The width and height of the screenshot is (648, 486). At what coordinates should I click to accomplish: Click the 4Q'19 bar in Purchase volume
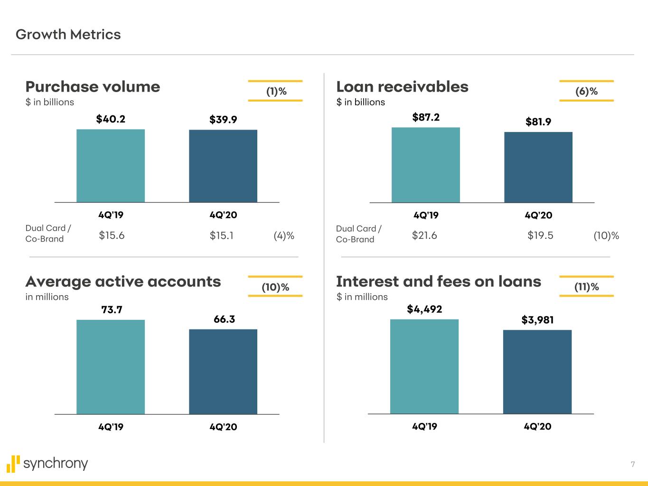111,166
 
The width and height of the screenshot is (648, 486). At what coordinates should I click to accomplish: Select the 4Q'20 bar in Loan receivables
538,167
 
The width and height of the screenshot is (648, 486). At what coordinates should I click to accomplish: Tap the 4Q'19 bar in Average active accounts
111,367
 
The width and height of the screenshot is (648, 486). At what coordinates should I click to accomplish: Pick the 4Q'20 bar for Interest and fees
537,372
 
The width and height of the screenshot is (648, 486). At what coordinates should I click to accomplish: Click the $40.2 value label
111,119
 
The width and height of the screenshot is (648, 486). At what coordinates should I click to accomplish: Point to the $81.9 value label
538,122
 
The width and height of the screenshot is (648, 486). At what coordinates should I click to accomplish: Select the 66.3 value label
224,319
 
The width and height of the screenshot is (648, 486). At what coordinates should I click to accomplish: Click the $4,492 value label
424,309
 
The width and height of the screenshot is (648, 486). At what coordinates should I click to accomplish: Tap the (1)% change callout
276,91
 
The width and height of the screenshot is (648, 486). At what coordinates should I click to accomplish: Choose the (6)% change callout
586,91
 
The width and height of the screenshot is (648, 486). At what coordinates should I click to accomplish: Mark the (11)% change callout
586,287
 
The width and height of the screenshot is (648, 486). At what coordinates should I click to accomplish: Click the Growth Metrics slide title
68,35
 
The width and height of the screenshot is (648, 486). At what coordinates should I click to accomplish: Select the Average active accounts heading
123,281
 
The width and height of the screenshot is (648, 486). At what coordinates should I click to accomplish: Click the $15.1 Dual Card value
222,235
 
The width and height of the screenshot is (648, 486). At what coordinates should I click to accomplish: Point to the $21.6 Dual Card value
424,235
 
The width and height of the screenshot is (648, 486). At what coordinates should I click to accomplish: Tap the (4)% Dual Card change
284,235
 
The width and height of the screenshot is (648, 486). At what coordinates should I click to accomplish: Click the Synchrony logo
47,464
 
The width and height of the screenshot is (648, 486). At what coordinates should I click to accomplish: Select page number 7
632,464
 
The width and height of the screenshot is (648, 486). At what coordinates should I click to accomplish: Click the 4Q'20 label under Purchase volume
223,215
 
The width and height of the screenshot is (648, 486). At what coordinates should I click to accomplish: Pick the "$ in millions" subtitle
362,297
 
